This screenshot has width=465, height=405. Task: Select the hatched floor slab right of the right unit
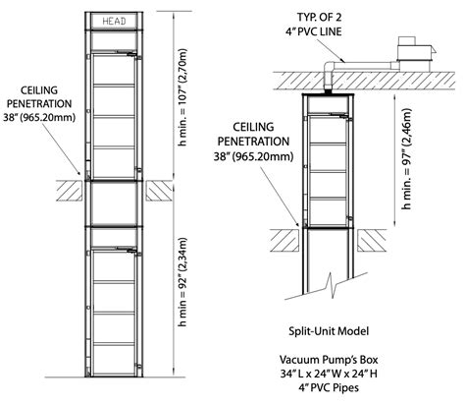coord(378,234)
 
